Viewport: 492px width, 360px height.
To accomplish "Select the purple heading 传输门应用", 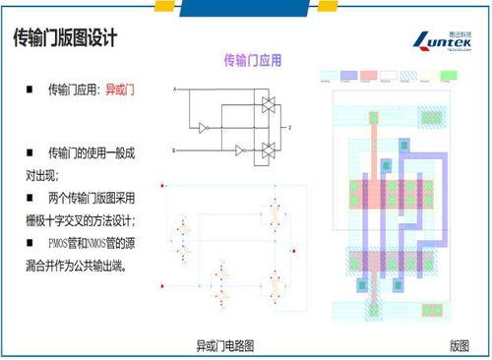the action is click(x=253, y=61).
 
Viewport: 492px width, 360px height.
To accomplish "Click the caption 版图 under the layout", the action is click(x=459, y=345).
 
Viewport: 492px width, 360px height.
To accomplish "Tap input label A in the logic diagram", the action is click(x=174, y=90).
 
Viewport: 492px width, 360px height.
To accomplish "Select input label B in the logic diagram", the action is click(x=174, y=150).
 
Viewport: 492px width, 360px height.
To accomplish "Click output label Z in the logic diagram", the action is click(x=289, y=128).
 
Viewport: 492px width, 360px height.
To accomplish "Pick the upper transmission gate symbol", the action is click(x=266, y=104).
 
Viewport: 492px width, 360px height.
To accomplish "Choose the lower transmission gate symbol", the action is click(x=266, y=150).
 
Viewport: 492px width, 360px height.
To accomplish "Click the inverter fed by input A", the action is click(x=203, y=128).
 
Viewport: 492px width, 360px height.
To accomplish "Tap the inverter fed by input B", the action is click(x=240, y=150).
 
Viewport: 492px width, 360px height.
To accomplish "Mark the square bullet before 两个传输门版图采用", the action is click(x=30, y=198).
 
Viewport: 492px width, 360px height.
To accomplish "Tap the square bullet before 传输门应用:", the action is click(x=30, y=90).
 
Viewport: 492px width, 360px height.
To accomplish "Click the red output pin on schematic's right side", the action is click(x=296, y=253).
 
